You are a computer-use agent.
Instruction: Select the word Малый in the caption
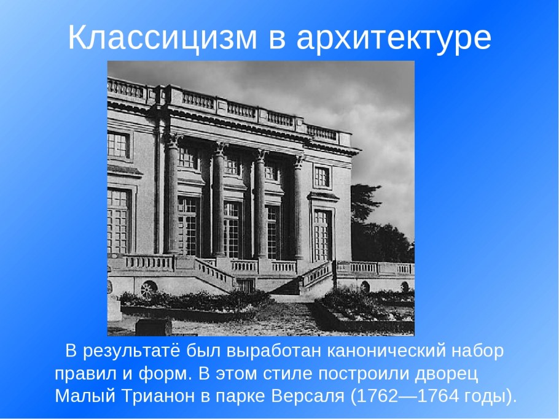tap(80, 396)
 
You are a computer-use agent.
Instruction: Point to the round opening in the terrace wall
tap(149, 290)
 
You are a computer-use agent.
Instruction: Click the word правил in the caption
tap(82, 374)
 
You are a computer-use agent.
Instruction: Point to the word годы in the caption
tap(486, 396)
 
